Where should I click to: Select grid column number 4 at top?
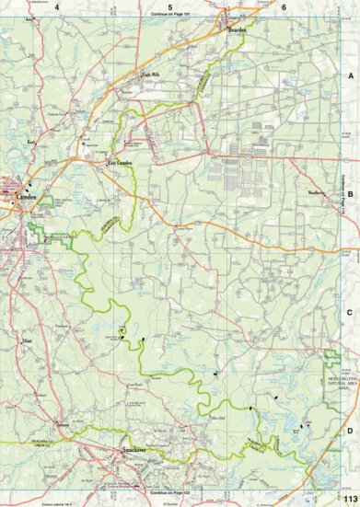(x=57, y=6)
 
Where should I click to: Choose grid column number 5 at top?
(x=170, y=6)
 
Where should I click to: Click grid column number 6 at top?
(x=284, y=6)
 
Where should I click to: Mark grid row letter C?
(x=349, y=313)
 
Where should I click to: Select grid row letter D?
(x=349, y=429)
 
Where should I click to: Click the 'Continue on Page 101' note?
(x=172, y=16)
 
